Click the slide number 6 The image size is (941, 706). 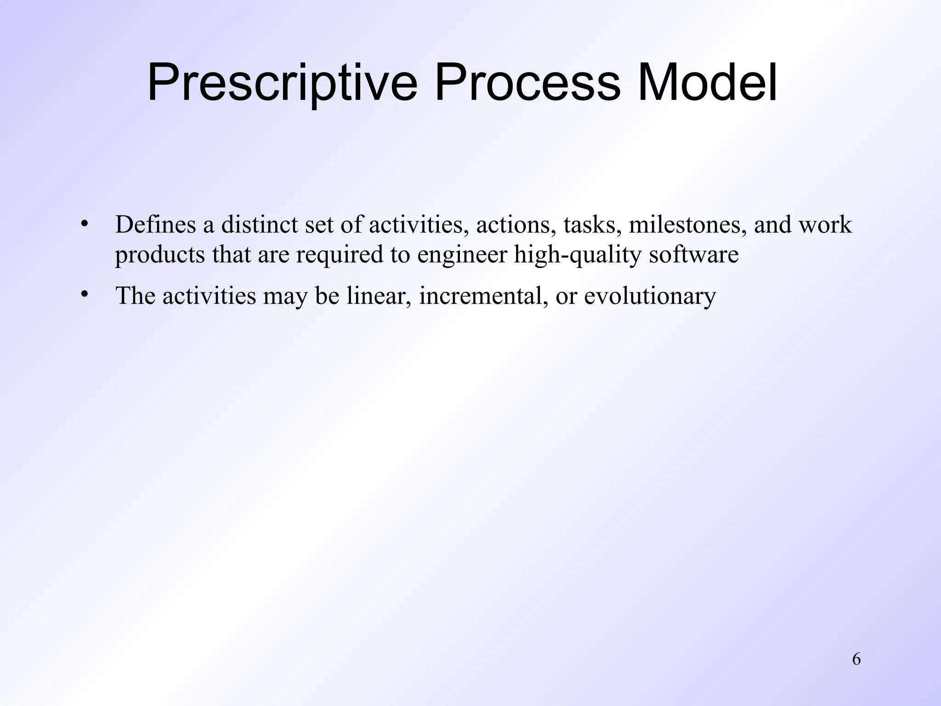click(x=856, y=660)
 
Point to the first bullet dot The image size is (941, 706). click(x=84, y=224)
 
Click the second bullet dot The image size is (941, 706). click(x=84, y=295)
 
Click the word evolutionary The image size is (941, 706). click(x=650, y=296)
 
